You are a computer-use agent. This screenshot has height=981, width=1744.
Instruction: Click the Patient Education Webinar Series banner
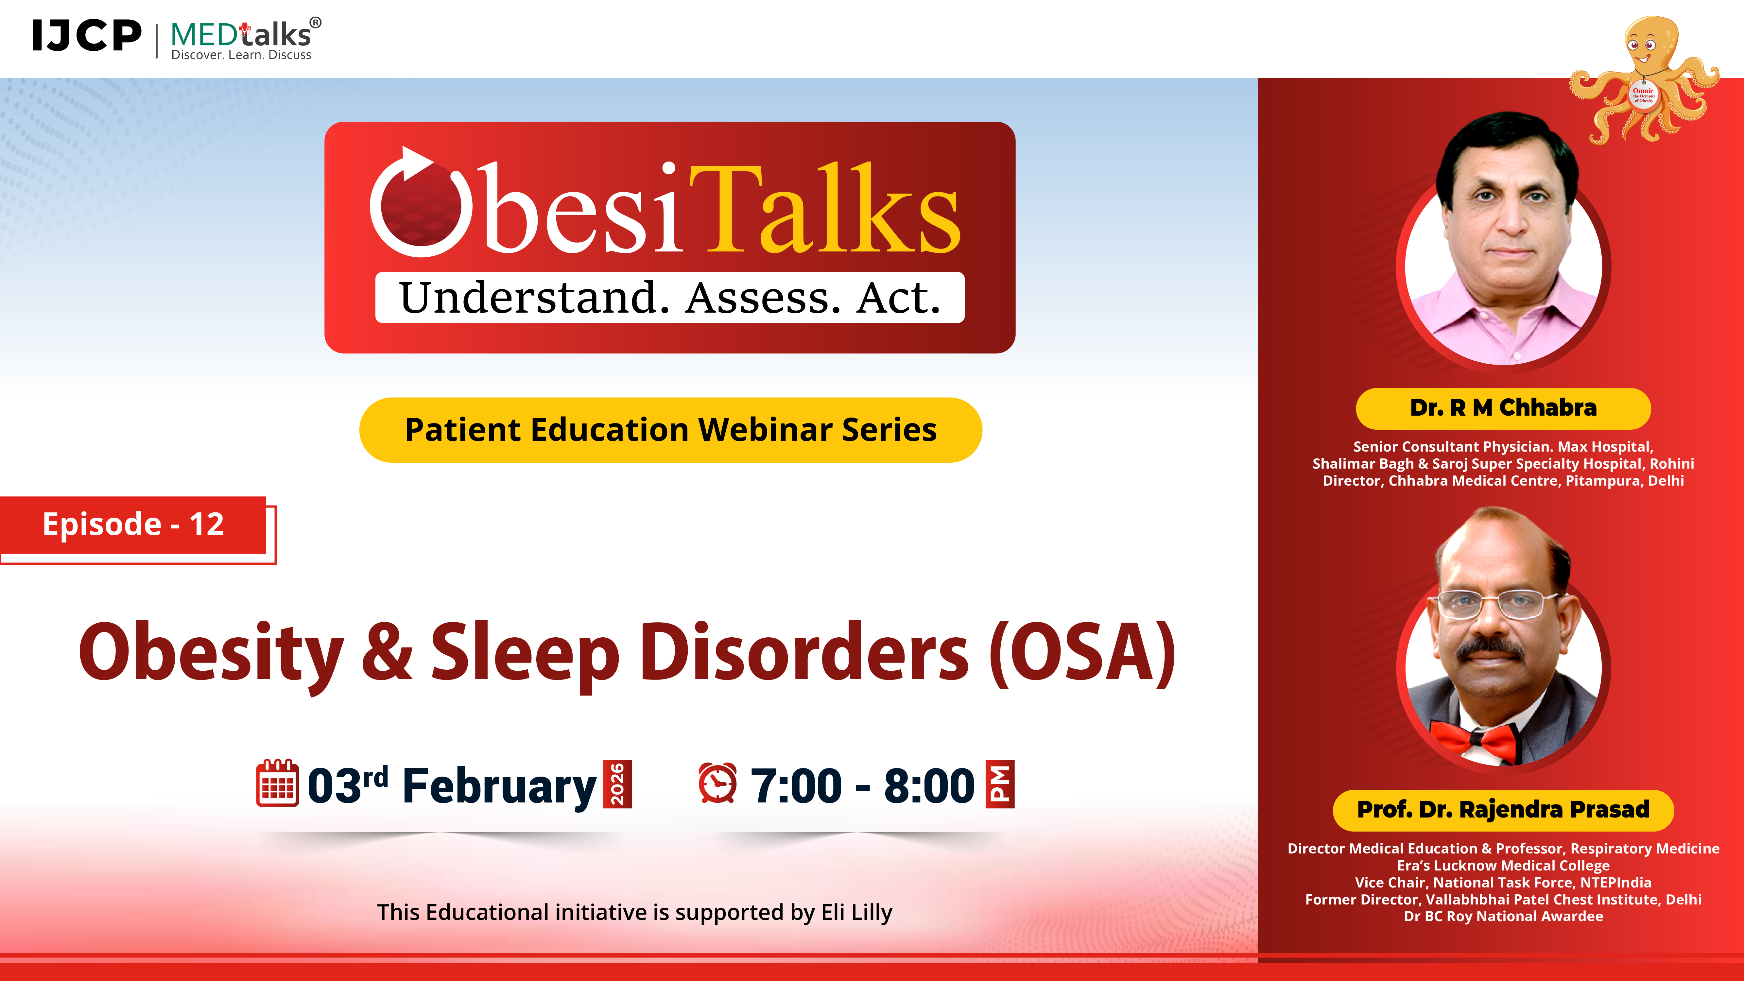tap(670, 430)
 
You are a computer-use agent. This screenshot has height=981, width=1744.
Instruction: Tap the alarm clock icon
tap(717, 783)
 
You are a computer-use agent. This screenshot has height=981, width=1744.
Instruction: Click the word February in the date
tap(499, 786)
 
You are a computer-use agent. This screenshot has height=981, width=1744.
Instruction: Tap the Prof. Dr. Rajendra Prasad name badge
tap(1503, 810)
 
